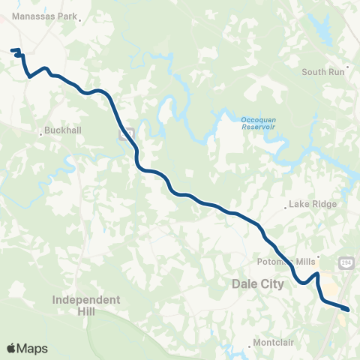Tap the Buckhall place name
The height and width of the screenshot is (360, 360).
coord(63,129)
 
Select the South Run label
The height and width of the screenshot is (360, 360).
coord(323,72)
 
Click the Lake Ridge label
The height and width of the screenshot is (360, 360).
coord(314,204)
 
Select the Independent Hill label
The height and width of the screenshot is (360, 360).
coord(86,304)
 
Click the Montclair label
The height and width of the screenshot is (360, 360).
coord(274,342)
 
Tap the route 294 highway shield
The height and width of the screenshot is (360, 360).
coord(346,262)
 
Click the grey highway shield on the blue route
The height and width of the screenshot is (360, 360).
coord(127,134)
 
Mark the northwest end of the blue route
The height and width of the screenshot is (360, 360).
coord(12,51)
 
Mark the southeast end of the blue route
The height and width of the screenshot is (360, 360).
coord(348,308)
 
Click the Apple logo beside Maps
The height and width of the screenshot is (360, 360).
coord(11,348)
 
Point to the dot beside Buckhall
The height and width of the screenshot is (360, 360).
coord(40,134)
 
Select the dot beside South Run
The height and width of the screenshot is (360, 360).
coord(347,66)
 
